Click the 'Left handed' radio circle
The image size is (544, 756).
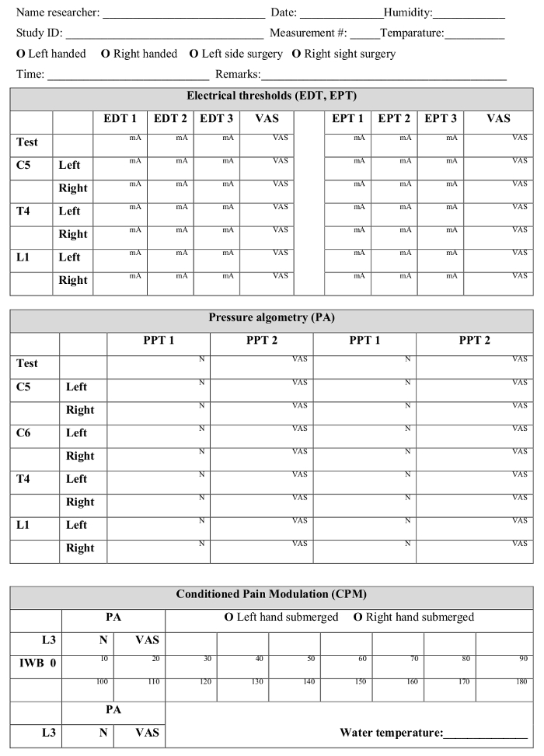click(x=20, y=54)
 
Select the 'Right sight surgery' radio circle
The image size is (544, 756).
click(x=296, y=54)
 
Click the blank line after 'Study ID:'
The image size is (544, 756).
click(x=165, y=36)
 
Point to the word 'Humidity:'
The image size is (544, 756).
click(x=408, y=13)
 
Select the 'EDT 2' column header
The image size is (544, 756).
click(x=170, y=119)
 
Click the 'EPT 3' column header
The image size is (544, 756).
click(x=440, y=119)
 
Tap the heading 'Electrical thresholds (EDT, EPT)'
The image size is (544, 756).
click(x=271, y=96)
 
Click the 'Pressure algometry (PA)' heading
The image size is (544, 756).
click(x=271, y=317)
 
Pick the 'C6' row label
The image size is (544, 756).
click(x=26, y=433)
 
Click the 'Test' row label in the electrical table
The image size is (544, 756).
click(x=27, y=142)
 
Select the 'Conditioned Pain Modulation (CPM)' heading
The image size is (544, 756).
click(x=271, y=594)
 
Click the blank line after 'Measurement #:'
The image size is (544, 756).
click(x=364, y=36)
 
